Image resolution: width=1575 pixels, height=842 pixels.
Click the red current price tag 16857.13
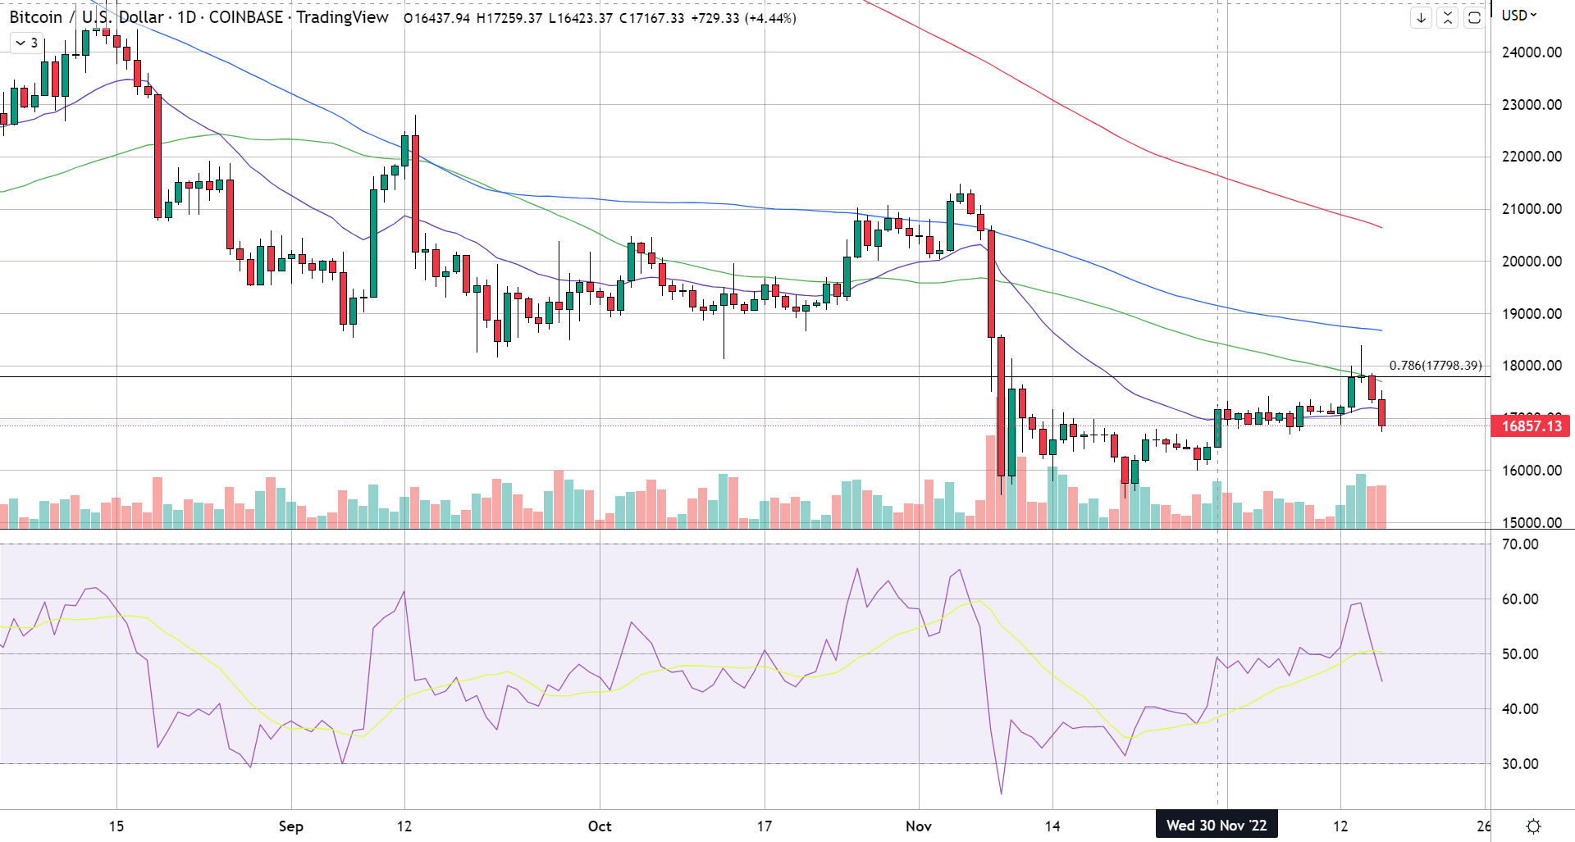[1530, 426]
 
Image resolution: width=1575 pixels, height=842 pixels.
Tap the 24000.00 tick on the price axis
[1531, 52]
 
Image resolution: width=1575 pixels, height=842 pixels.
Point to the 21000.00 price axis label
[1531, 209]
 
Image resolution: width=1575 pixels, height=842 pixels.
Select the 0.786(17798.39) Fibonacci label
[1436, 366]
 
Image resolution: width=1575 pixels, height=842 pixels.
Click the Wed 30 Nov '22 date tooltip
[1217, 826]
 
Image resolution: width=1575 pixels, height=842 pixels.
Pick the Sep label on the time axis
[291, 826]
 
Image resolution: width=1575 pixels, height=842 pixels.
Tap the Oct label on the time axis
[600, 826]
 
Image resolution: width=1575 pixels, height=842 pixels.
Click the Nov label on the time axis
[919, 826]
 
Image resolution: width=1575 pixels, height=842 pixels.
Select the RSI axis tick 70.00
[1519, 544]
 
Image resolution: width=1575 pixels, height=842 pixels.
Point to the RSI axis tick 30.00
[1519, 764]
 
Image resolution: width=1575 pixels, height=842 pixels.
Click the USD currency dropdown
[1518, 16]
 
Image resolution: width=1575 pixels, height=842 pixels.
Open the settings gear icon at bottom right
[1532, 826]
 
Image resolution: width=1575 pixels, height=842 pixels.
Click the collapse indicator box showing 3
[27, 43]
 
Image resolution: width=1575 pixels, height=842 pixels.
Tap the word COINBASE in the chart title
[245, 17]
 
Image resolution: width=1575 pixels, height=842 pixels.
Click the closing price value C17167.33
[651, 18]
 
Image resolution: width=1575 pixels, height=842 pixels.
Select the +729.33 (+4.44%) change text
[743, 18]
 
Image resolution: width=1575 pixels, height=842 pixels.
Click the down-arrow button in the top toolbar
[1421, 17]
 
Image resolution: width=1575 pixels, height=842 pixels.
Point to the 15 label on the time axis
[116, 826]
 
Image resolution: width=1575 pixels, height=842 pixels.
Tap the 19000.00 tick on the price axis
[1531, 314]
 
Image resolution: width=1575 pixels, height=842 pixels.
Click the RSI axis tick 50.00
[1519, 654]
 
